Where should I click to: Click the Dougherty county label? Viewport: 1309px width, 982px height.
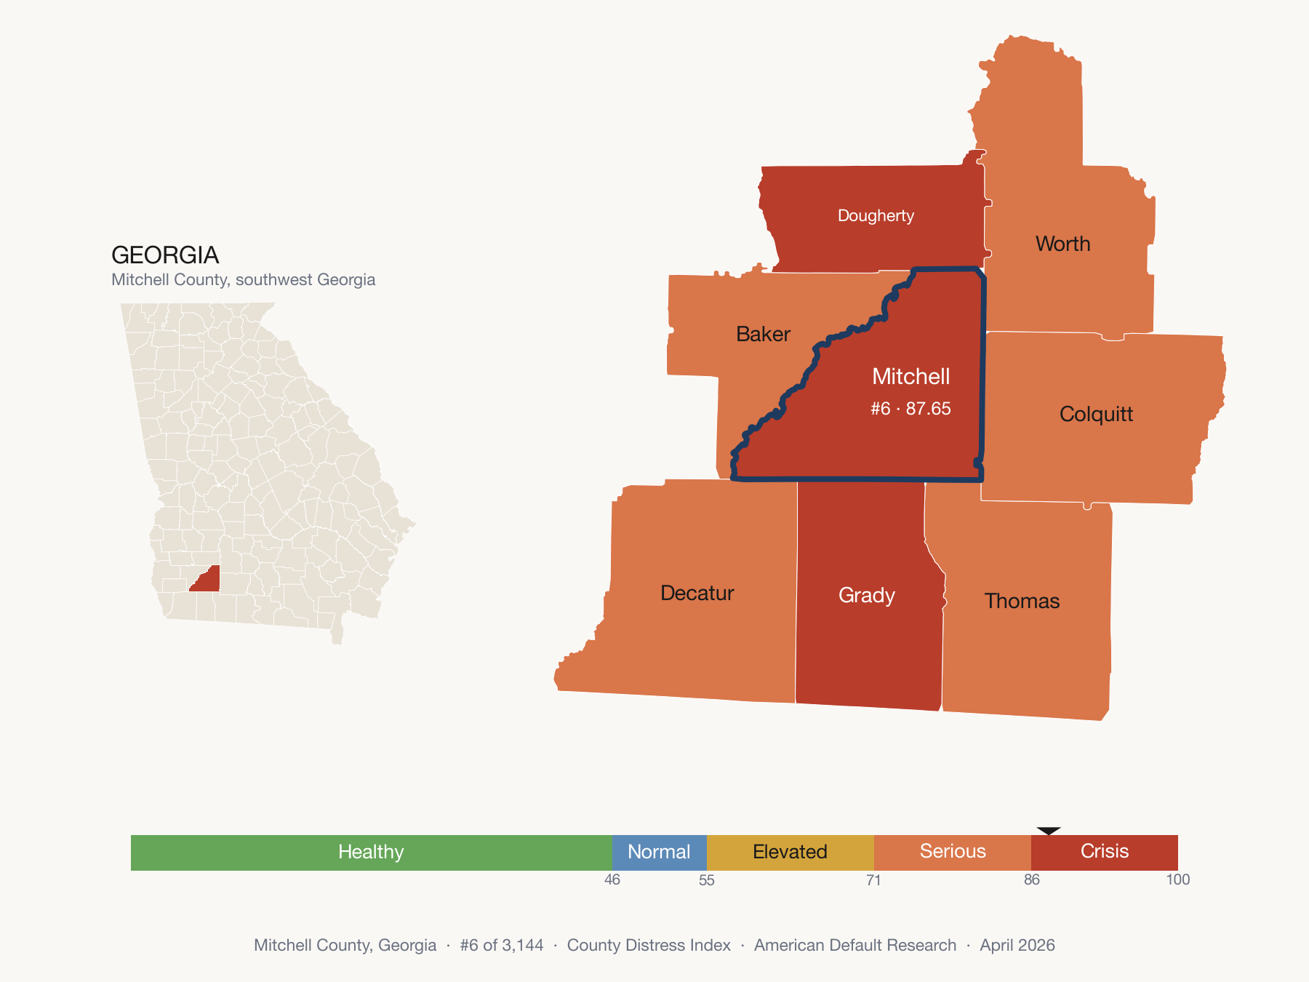(x=876, y=215)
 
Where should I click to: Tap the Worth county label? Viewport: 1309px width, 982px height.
(x=1062, y=244)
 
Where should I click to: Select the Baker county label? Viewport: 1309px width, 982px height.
(x=763, y=334)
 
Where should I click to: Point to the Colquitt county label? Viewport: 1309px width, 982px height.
(x=1096, y=414)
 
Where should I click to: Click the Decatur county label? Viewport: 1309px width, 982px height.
(x=697, y=593)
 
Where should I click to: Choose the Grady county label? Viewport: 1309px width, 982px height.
(x=866, y=595)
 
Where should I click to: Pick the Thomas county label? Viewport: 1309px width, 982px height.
(x=1022, y=601)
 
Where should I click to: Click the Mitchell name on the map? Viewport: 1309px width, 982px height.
(x=910, y=376)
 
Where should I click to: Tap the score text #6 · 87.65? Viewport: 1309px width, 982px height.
(x=910, y=409)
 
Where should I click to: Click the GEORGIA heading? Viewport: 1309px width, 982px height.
(x=165, y=255)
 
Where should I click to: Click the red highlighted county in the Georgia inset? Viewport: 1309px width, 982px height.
(x=207, y=580)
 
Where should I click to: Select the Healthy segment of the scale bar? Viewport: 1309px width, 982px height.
(x=371, y=852)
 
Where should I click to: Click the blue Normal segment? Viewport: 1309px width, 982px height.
(x=659, y=852)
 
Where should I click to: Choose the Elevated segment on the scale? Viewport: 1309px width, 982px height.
(x=790, y=852)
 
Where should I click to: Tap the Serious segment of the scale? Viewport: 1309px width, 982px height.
(x=953, y=852)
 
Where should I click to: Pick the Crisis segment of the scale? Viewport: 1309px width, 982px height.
(x=1104, y=852)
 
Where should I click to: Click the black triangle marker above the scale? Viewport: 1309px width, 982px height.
(x=1049, y=831)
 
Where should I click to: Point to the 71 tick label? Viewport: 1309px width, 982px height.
(x=873, y=880)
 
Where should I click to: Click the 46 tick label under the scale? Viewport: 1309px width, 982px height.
(x=612, y=880)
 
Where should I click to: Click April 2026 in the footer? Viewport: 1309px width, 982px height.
(x=1017, y=945)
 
